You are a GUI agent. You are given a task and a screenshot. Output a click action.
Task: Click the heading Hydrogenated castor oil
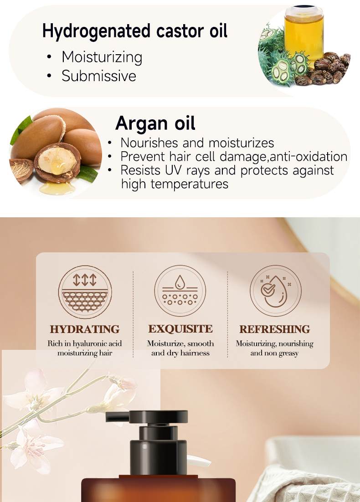click(x=135, y=31)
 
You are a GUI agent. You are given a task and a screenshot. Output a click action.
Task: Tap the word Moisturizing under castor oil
click(x=102, y=58)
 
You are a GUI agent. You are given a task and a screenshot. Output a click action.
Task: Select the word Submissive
click(x=98, y=76)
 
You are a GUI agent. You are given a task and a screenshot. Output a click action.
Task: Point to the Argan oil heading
click(x=155, y=123)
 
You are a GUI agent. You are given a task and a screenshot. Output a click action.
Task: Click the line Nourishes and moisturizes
click(x=197, y=143)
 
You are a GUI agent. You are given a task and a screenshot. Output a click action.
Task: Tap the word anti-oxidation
click(x=309, y=157)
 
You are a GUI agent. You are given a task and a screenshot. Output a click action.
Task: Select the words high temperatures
click(x=175, y=184)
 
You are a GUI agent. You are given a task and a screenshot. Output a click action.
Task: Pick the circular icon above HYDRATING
click(x=85, y=292)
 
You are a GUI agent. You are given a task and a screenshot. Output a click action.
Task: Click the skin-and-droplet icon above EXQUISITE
click(x=180, y=291)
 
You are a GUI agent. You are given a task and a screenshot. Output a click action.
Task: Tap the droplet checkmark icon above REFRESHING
click(x=275, y=291)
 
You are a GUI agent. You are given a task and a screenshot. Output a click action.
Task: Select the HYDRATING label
click(x=85, y=329)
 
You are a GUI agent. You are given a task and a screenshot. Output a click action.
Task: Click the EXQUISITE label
click(x=180, y=329)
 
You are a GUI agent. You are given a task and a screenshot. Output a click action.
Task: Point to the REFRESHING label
click(x=274, y=329)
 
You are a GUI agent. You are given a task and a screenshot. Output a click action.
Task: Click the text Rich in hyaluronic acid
click(x=85, y=343)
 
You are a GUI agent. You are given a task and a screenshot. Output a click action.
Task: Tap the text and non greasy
click(x=274, y=353)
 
